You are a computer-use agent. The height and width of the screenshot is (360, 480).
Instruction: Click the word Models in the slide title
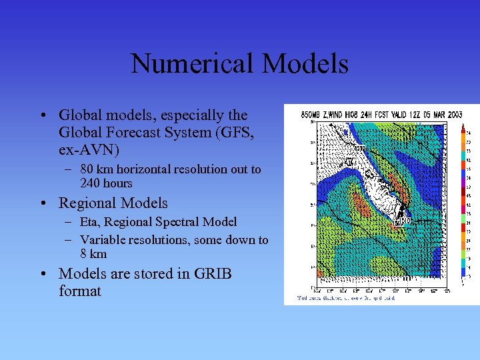(305, 64)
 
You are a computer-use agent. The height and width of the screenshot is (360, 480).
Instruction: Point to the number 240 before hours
(90, 183)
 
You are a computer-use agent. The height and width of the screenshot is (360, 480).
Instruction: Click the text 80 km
(97, 169)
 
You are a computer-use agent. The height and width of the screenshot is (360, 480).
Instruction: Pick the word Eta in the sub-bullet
(91, 222)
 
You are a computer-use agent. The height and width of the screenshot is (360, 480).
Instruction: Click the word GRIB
(209, 274)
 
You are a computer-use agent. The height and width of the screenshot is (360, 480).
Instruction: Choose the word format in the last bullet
(80, 291)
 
